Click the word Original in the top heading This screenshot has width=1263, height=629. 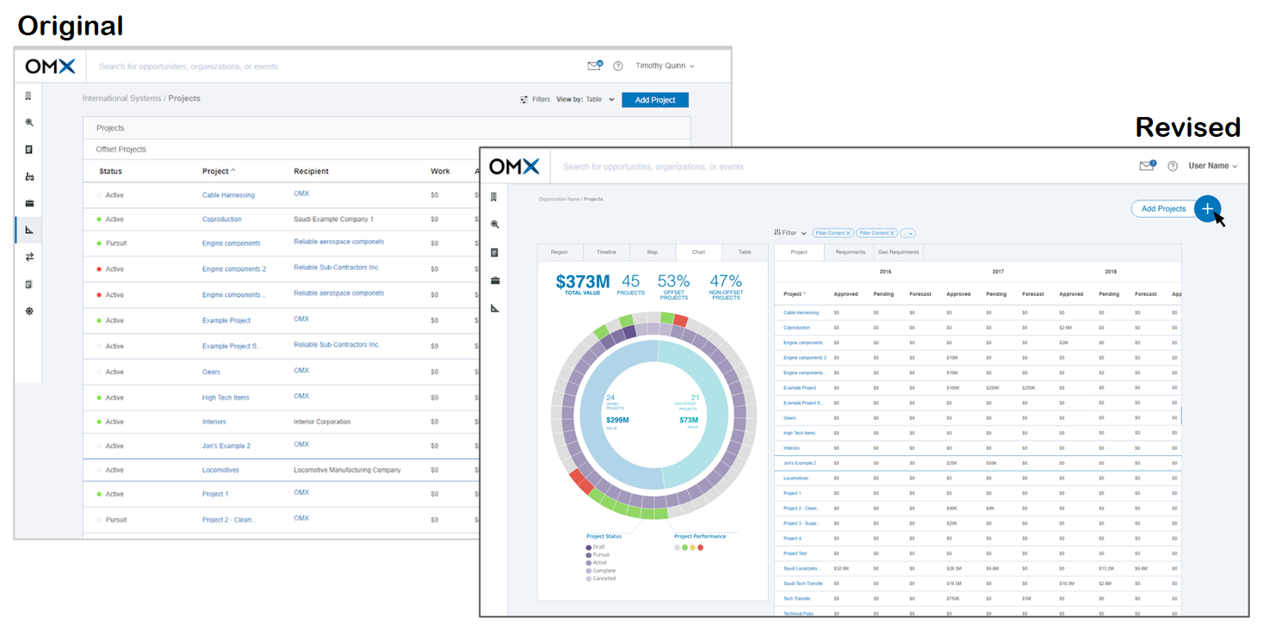71,26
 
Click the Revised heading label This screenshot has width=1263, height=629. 1187,127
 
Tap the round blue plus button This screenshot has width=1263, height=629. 1207,208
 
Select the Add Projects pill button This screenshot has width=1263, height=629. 1163,209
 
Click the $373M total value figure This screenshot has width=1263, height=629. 582,281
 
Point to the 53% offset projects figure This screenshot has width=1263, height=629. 673,281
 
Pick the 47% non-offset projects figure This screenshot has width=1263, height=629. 726,281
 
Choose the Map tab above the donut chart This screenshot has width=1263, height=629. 652,252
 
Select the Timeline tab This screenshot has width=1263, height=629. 606,252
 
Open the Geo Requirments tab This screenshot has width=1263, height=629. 898,252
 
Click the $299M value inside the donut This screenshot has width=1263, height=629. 616,420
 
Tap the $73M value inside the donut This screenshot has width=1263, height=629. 689,420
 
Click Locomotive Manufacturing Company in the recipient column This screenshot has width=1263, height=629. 347,471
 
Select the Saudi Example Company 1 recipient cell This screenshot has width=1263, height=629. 333,219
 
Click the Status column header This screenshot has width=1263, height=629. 110,171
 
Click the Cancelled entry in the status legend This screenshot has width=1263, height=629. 604,578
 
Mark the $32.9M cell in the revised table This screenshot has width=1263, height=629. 841,569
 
